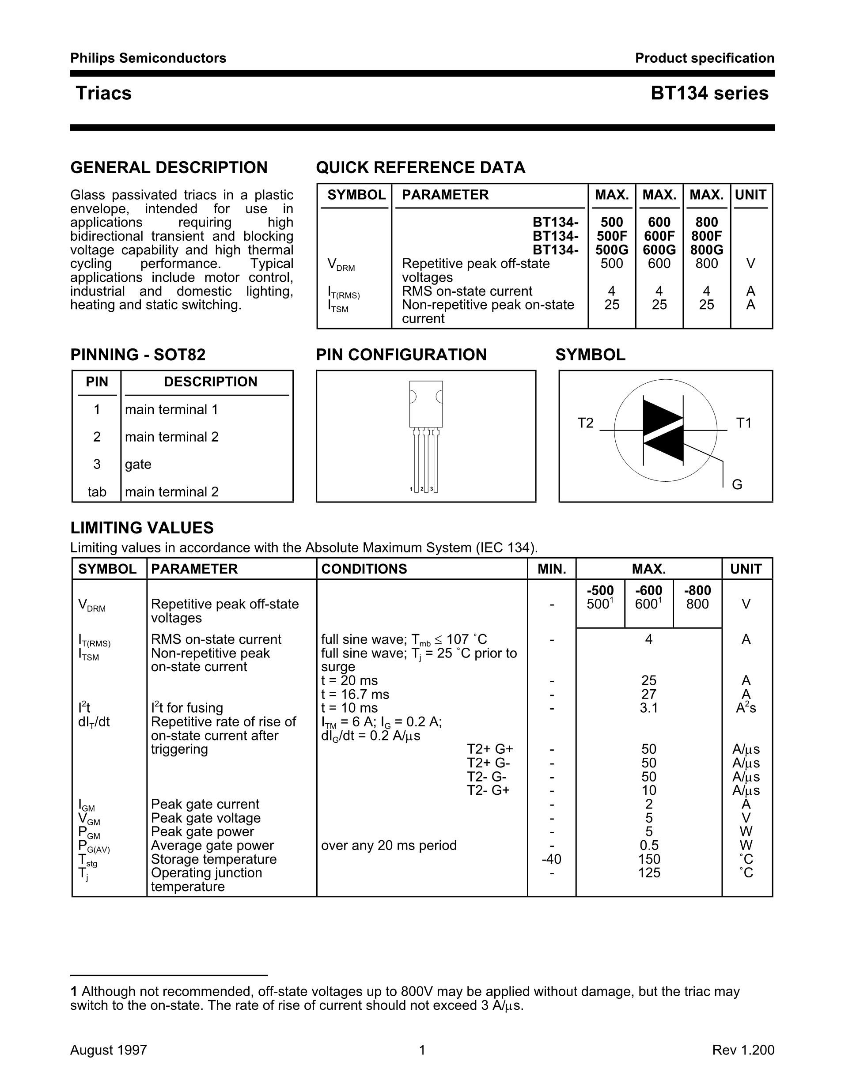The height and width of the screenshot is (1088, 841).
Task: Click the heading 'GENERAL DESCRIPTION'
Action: pos(169,167)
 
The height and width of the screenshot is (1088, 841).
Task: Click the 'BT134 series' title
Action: pos(709,93)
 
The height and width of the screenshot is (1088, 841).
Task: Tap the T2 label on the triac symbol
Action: pos(585,423)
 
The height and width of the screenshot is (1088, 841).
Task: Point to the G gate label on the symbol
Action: pos(737,484)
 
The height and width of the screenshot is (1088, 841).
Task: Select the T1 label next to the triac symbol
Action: pos(743,423)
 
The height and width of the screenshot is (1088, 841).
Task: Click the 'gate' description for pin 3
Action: pos(138,464)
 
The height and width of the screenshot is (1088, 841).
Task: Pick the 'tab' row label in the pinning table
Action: pos(97,492)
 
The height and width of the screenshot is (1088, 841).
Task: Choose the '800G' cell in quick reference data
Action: pos(706,249)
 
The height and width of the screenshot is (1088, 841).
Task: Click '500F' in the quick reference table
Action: pos(612,236)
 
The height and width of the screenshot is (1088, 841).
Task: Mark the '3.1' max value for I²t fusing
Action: pos(649,708)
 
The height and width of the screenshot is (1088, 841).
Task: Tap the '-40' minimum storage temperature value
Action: pos(552,859)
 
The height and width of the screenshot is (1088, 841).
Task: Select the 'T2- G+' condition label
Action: pos(488,790)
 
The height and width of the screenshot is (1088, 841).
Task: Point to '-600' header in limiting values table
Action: pos(649,590)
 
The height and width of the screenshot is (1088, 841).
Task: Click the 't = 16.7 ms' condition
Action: pos(355,694)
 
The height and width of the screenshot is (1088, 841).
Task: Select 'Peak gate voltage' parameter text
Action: pos(206,818)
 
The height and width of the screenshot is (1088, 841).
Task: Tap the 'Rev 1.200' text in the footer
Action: pos(743,1050)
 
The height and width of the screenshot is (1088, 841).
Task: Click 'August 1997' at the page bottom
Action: pos(109,1050)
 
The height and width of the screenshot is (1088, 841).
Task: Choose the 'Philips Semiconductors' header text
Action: pos(148,58)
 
